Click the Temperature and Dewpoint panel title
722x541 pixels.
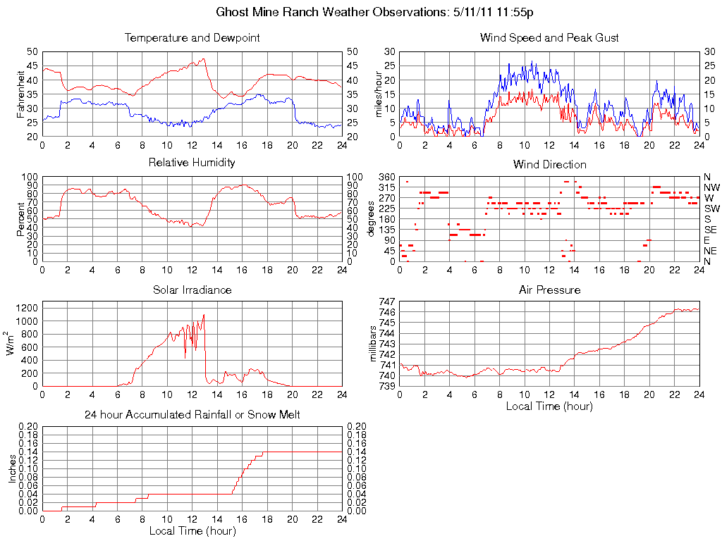pos(192,38)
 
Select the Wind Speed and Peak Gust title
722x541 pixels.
pos(549,38)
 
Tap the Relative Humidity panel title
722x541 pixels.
pos(192,163)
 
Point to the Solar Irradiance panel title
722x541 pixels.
pos(192,290)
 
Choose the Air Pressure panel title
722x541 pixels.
pos(549,290)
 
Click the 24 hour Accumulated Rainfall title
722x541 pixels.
pos(192,415)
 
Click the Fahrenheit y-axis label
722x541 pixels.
pos(20,94)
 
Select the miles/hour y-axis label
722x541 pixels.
pos(379,94)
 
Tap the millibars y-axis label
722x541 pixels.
pos(374,343)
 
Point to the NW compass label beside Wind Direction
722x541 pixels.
pos(711,187)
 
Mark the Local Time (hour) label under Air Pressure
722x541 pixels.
pos(549,406)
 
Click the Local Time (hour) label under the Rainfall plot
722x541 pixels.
pos(192,530)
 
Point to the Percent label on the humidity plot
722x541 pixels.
pos(20,218)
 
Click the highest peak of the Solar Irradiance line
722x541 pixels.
pos(204,315)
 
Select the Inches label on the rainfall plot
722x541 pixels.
pos(12,468)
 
